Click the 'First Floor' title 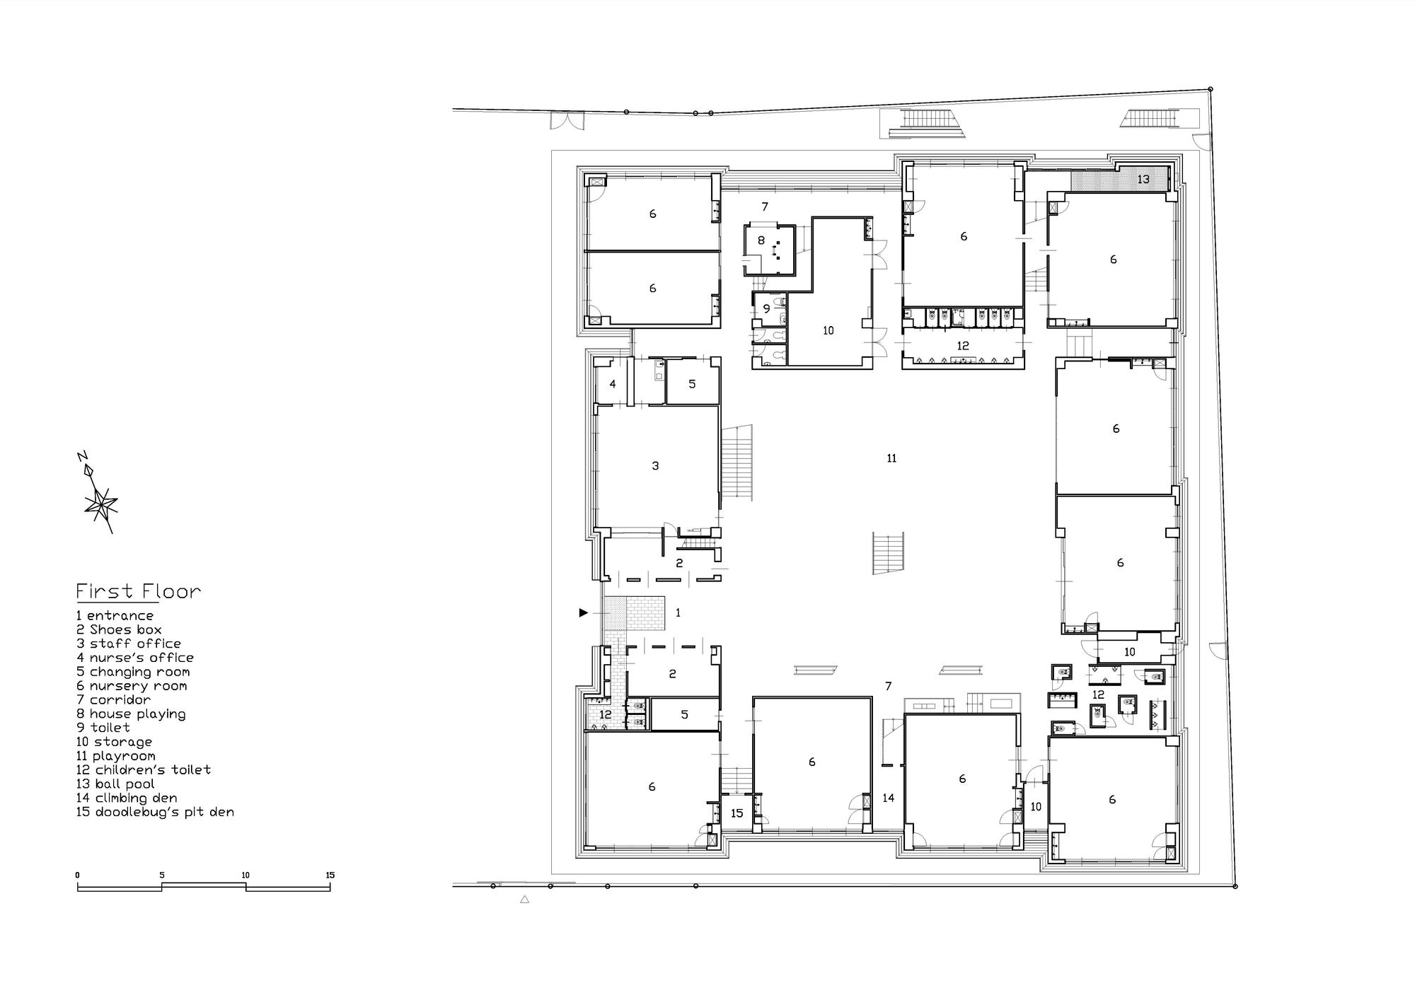click(x=139, y=591)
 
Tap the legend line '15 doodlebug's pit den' click(x=155, y=812)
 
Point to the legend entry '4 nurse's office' click(x=135, y=658)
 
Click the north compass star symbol click(x=100, y=504)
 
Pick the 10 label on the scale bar click(x=246, y=875)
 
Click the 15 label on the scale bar click(x=330, y=875)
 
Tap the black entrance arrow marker click(x=584, y=612)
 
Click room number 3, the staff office click(x=655, y=465)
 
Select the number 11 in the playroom click(x=891, y=458)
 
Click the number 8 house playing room click(x=761, y=240)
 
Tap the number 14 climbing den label click(x=888, y=798)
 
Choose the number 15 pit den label click(x=737, y=813)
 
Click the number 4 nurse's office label click(x=613, y=384)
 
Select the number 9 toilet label click(x=766, y=309)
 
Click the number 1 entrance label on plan click(x=678, y=612)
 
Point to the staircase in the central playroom click(x=889, y=553)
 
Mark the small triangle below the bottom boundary click(x=524, y=900)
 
